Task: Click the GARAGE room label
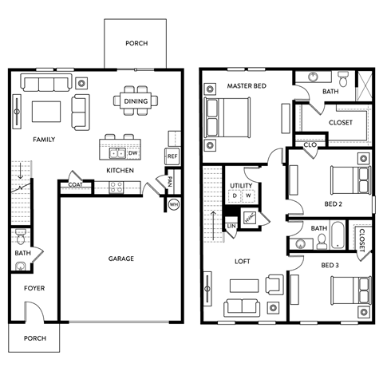(x=121, y=259)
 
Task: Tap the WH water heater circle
(x=174, y=205)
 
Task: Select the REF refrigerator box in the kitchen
(x=172, y=156)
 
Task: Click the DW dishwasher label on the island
(x=132, y=152)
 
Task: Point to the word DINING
(x=136, y=101)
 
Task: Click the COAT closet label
(x=75, y=185)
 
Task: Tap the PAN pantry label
(x=169, y=181)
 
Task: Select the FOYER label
(x=34, y=288)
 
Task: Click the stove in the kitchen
(x=116, y=188)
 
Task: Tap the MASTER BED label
(x=246, y=85)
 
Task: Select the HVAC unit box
(x=250, y=218)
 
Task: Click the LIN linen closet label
(x=231, y=227)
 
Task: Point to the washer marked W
(x=248, y=195)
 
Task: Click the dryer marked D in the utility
(x=235, y=195)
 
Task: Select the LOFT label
(x=243, y=261)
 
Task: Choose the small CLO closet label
(x=310, y=144)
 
